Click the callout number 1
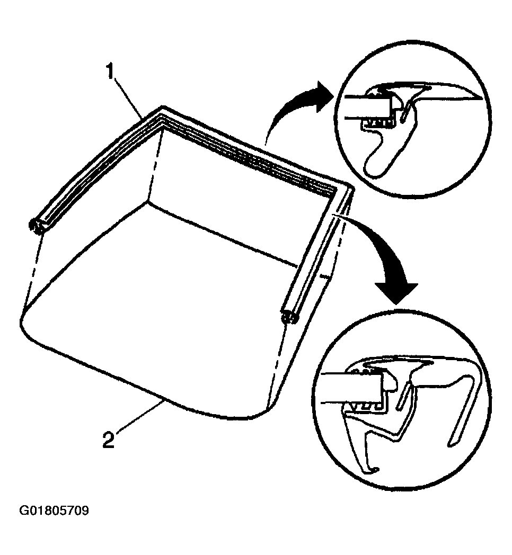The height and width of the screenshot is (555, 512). [x=111, y=71]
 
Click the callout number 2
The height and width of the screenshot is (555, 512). [x=108, y=440]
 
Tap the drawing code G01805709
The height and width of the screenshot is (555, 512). [x=54, y=511]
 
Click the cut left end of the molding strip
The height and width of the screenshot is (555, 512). [x=36, y=227]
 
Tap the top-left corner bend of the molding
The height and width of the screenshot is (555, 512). [x=162, y=113]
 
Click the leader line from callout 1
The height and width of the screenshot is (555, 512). [x=129, y=97]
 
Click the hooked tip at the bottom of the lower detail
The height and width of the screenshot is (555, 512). [x=373, y=469]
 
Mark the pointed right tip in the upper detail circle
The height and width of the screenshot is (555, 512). [x=480, y=98]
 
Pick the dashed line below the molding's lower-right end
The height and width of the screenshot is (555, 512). [x=278, y=362]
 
